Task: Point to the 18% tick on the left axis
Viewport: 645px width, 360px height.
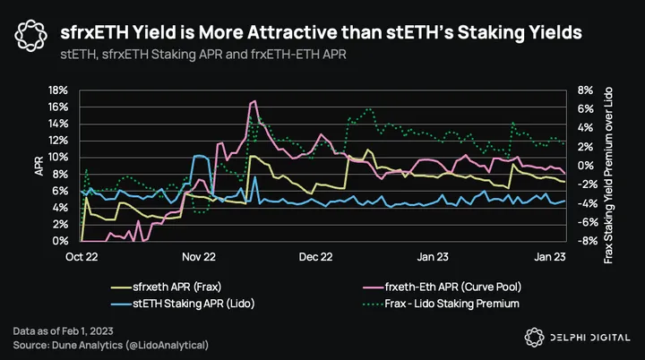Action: (x=58, y=90)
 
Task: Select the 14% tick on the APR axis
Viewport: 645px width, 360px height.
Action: (x=58, y=124)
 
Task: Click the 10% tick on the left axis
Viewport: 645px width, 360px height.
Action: (x=58, y=157)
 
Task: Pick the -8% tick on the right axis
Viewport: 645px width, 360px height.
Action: (x=586, y=241)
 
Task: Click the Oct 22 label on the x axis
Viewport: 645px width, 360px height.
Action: (x=82, y=256)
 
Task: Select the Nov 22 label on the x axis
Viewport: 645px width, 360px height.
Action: (x=198, y=256)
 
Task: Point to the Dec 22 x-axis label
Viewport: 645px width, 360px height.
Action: (x=315, y=256)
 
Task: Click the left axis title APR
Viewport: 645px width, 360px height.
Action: (x=39, y=166)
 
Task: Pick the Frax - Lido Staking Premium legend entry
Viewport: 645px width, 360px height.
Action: (x=439, y=304)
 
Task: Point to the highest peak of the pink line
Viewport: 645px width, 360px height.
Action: (x=254, y=101)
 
